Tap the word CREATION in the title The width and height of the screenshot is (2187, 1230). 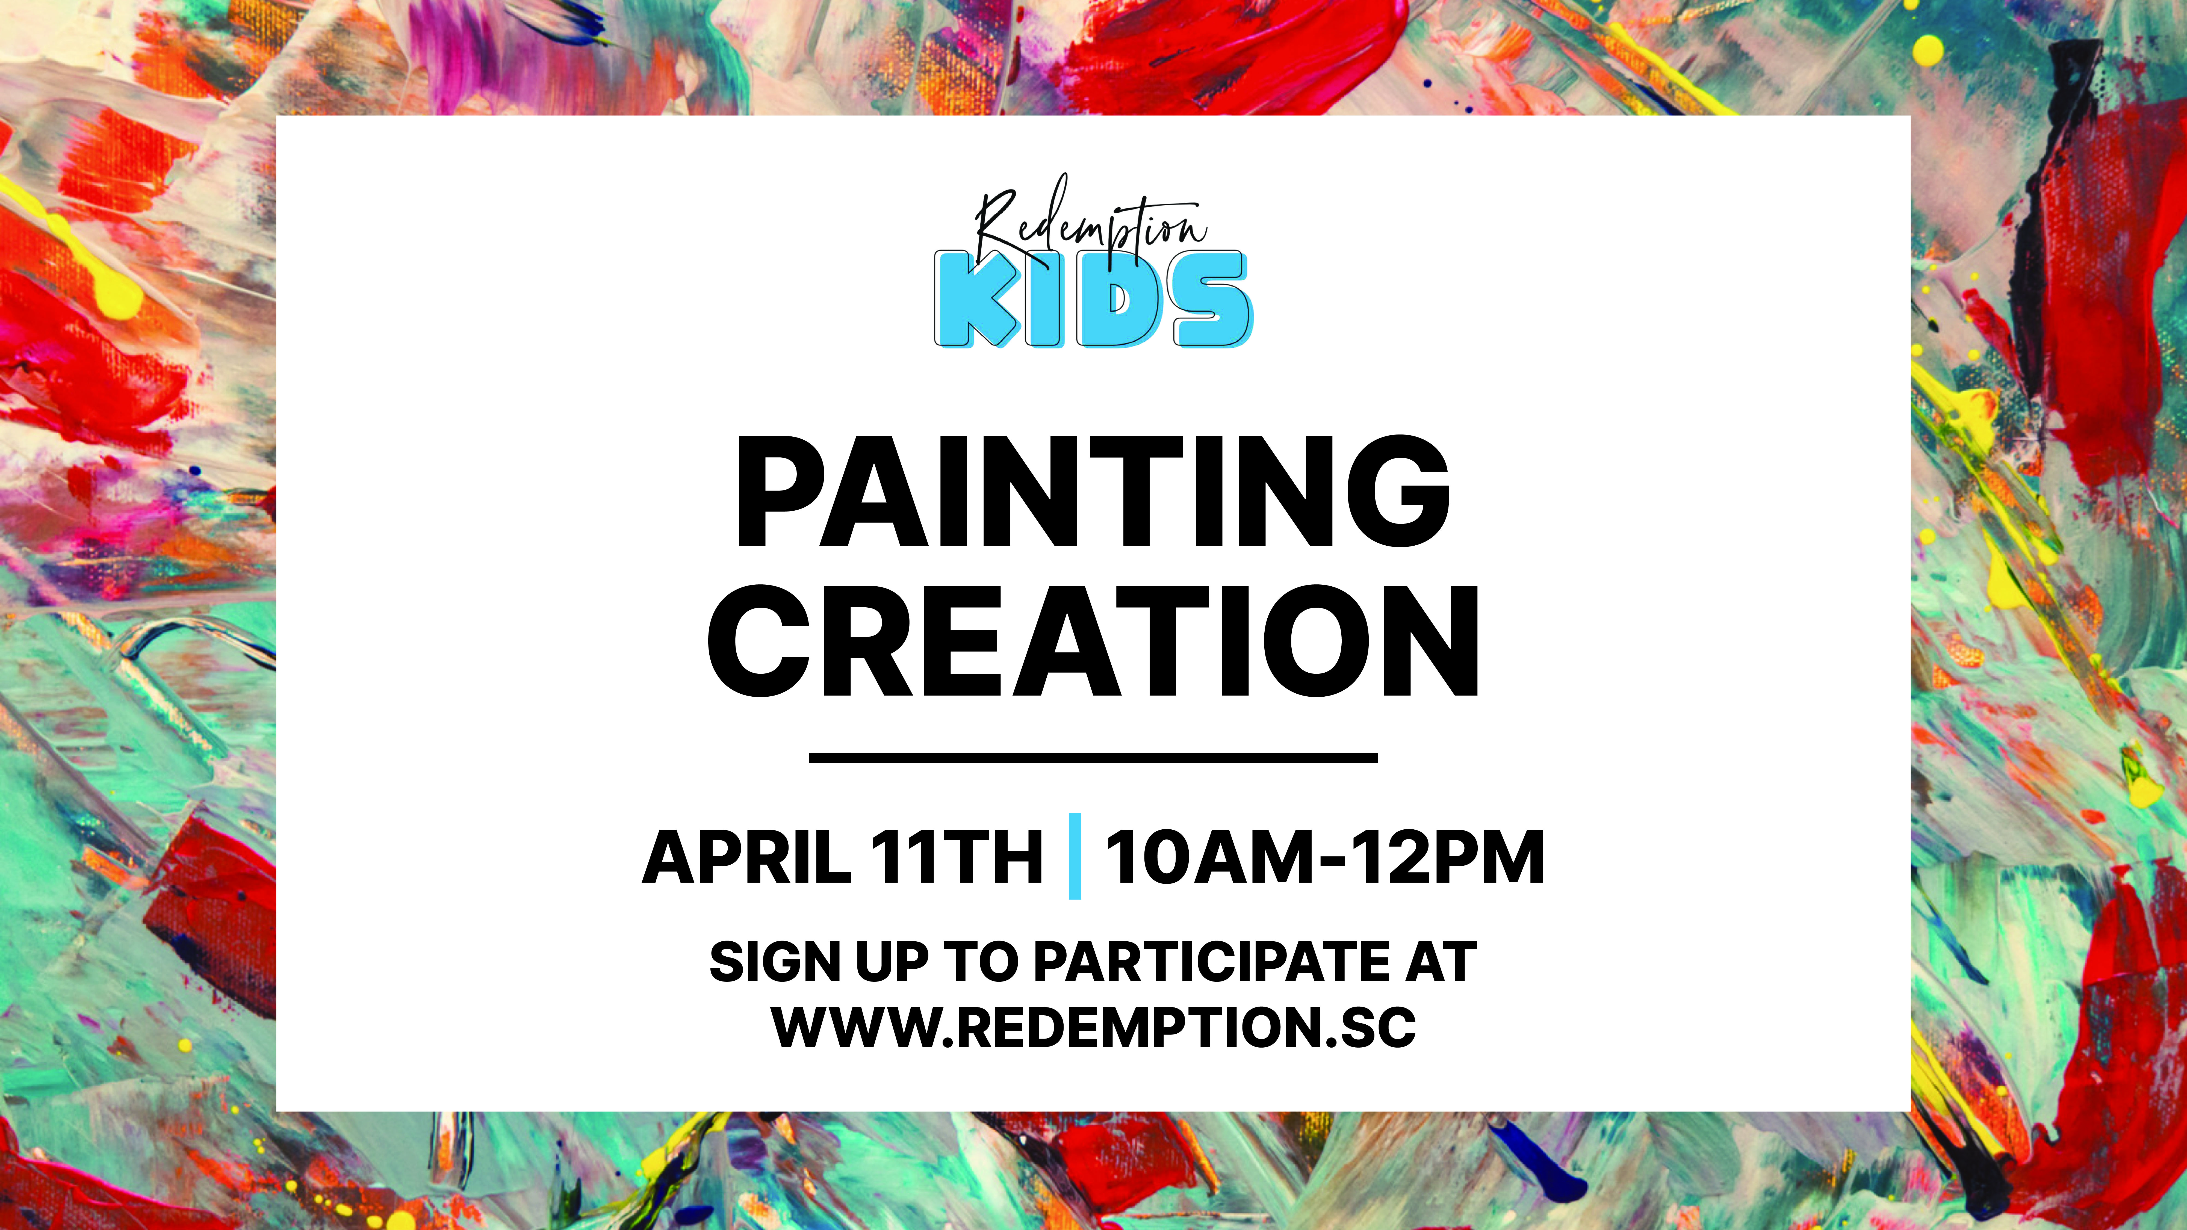[x=1094, y=641]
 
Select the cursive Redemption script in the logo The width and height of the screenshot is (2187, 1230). [x=1091, y=222]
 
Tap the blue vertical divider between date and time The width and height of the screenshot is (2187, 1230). [x=1075, y=856]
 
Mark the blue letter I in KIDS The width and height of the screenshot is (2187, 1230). [x=1044, y=299]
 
